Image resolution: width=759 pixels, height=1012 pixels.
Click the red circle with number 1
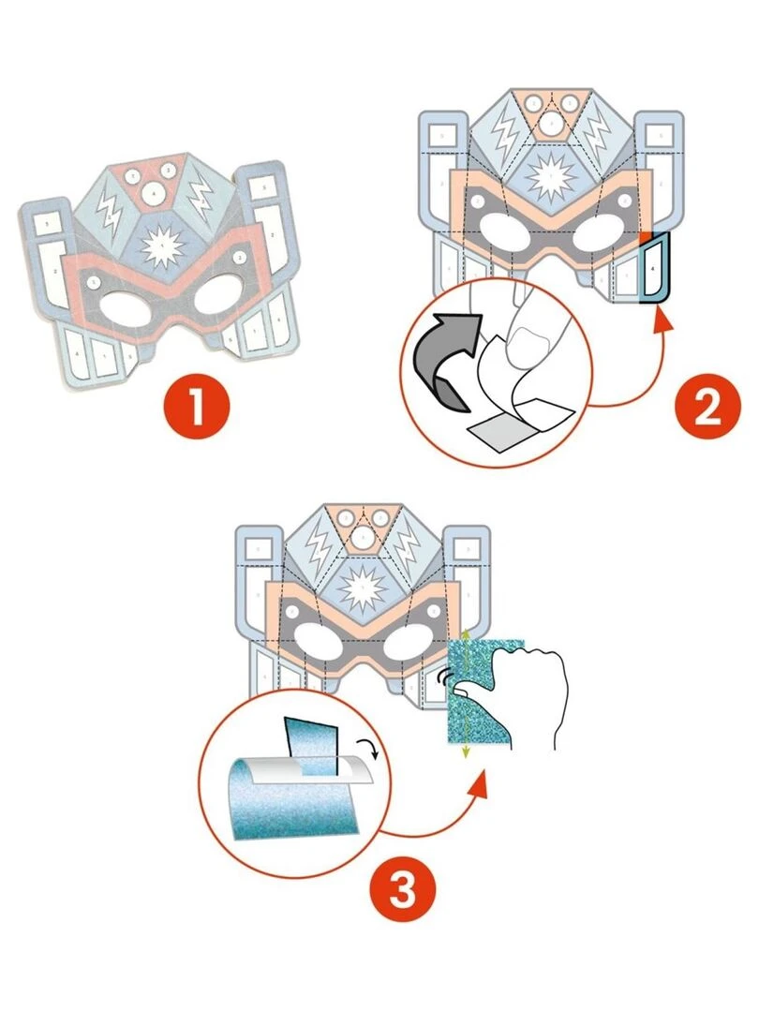point(197,410)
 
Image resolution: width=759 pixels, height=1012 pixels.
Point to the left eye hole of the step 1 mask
point(127,305)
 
